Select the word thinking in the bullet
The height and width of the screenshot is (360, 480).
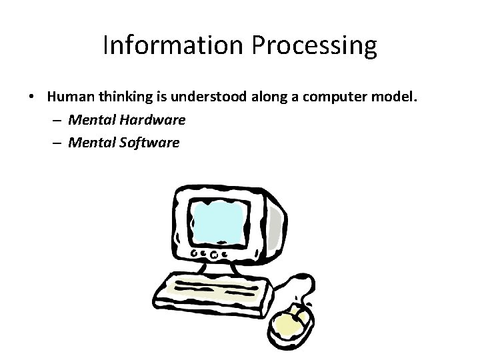point(126,97)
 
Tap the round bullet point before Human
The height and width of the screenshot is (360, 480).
point(33,97)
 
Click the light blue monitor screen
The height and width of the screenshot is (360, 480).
point(219,220)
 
